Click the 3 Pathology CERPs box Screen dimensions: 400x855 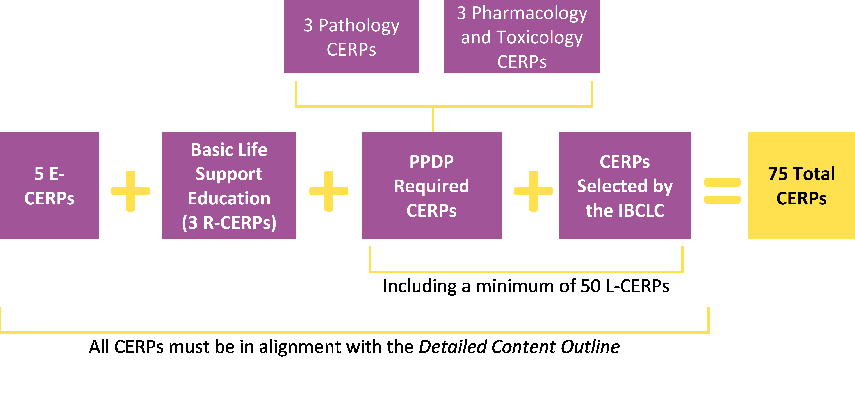click(351, 37)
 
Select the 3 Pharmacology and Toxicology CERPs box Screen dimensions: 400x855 click(522, 37)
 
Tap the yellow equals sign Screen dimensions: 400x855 click(722, 191)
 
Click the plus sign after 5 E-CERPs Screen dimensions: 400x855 click(130, 191)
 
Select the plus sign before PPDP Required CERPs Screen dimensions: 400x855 click(329, 191)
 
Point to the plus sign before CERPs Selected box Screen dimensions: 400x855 click(533, 191)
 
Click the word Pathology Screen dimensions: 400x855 click(359, 26)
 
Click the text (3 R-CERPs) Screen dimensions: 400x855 click(229, 222)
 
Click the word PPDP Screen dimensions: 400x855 click(431, 162)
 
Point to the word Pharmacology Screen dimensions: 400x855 click(529, 13)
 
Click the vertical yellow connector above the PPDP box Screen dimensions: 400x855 click(433, 119)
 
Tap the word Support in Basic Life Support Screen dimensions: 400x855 click(229, 174)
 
